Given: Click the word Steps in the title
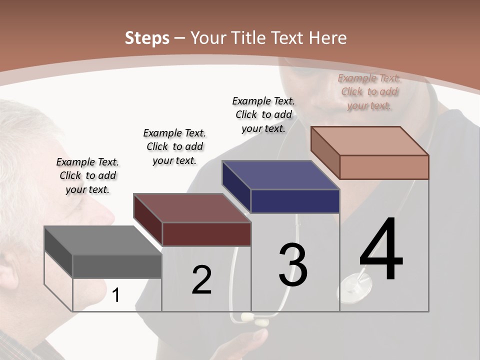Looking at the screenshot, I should tap(147, 38).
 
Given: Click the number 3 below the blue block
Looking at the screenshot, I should tap(293, 264).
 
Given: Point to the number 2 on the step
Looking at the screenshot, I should tap(201, 280).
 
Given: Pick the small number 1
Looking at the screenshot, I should tap(116, 295).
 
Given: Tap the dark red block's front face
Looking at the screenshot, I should tap(206, 234).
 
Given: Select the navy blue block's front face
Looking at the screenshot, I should tap(295, 201).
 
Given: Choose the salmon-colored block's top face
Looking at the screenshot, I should tap(370, 140).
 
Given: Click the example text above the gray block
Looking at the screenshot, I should tap(88, 175).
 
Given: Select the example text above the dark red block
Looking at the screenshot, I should tap(174, 146).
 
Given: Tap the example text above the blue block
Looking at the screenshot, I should tap(263, 114).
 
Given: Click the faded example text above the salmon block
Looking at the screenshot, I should tap(369, 91).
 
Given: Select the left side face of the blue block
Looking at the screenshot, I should tap(236, 186).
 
